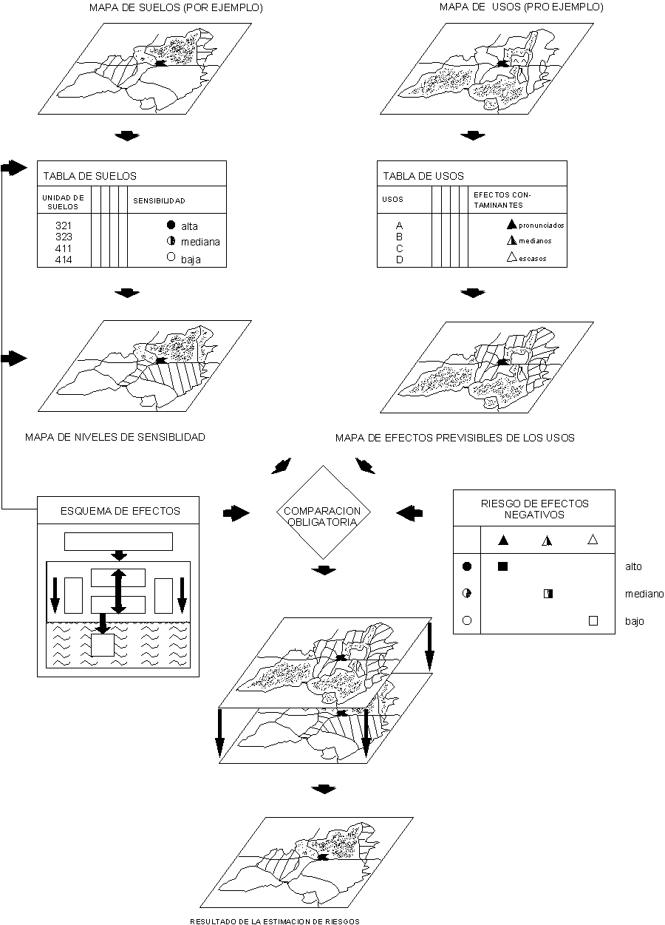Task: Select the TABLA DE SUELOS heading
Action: click(89, 176)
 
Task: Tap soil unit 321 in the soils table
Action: click(64, 225)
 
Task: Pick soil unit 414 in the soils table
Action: click(64, 260)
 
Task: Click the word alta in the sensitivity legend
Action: click(190, 226)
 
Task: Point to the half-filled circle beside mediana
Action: click(171, 241)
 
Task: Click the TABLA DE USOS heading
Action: click(423, 176)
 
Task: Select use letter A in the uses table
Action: click(399, 225)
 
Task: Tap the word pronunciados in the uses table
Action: click(541, 225)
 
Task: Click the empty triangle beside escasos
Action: click(510, 257)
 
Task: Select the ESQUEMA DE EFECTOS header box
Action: click(119, 510)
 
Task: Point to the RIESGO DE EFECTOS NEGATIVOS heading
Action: click(534, 509)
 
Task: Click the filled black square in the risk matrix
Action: click(503, 566)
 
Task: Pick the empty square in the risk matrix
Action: click(593, 621)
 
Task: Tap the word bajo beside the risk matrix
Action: click(635, 621)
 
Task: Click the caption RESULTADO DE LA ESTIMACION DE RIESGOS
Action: click(275, 921)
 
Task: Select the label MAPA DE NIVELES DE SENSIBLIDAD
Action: click(115, 437)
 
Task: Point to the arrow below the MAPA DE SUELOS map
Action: click(128, 136)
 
